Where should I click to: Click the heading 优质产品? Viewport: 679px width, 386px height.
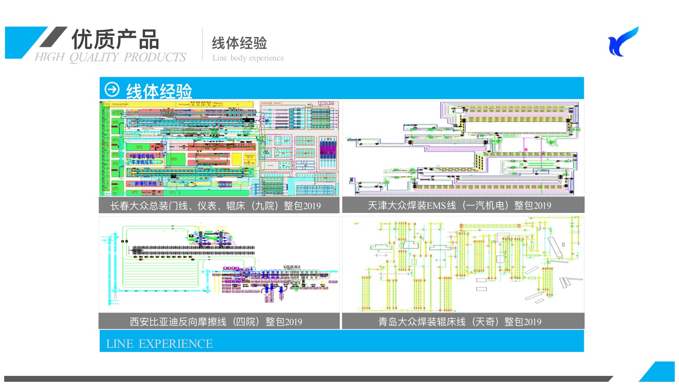(x=115, y=39)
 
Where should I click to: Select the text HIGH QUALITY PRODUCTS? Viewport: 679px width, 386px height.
(x=110, y=58)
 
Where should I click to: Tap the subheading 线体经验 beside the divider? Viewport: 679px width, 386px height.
(x=239, y=43)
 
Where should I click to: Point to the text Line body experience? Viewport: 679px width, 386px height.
(x=248, y=58)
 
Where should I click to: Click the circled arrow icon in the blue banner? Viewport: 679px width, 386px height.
(x=112, y=89)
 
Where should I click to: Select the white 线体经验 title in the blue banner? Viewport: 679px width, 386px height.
(x=159, y=91)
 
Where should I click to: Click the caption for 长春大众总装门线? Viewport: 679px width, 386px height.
(x=215, y=206)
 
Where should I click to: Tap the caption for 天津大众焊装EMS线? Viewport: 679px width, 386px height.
(x=459, y=205)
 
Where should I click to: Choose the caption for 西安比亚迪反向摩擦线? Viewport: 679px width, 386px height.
(x=216, y=322)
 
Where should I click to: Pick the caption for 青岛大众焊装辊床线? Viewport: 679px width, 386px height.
(x=460, y=322)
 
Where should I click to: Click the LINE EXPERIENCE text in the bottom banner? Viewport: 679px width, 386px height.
(x=159, y=344)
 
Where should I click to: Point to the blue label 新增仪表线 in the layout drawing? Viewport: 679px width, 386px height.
(x=145, y=184)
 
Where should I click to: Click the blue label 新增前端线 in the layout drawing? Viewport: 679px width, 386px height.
(x=143, y=156)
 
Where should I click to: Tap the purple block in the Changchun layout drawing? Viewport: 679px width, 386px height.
(x=328, y=149)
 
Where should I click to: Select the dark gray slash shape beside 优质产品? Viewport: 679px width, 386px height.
(x=53, y=37)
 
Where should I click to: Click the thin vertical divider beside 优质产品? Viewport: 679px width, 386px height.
(x=203, y=44)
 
